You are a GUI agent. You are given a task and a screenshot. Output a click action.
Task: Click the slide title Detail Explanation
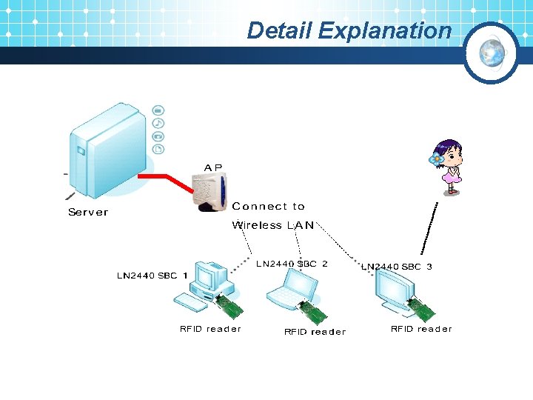tap(349, 30)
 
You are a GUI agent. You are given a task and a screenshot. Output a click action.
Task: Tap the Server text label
tap(88, 213)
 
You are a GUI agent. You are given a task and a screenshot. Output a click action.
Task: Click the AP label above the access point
tap(213, 168)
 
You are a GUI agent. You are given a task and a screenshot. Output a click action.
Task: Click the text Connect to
tap(268, 207)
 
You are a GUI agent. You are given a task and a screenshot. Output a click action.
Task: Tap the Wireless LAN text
tap(272, 225)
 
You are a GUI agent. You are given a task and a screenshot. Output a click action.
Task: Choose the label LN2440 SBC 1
tap(152, 276)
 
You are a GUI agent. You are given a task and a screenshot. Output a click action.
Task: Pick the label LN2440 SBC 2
tap(292, 264)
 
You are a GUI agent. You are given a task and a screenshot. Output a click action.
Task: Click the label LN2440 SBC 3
tap(396, 267)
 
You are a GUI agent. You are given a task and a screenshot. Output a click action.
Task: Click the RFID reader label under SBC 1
tap(210, 329)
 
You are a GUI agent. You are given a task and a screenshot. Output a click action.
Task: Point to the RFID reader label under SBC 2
tap(315, 332)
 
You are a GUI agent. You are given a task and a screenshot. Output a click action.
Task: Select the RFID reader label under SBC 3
tap(420, 329)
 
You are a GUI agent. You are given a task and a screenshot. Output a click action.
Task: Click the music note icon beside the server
tap(158, 123)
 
